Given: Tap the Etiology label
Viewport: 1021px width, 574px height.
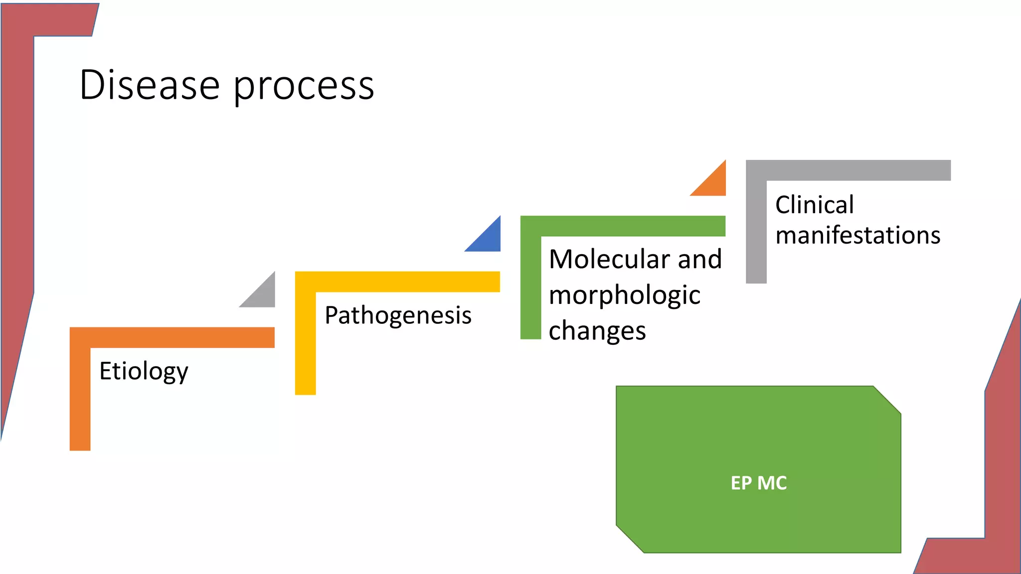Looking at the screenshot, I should point(144,371).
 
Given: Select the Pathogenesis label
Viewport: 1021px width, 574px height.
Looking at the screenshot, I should point(398,315).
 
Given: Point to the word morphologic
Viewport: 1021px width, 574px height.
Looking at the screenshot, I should point(624,295).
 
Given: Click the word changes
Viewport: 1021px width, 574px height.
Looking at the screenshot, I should point(597,331).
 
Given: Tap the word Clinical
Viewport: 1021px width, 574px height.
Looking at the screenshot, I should point(814,205).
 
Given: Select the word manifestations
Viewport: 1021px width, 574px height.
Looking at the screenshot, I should point(857,235).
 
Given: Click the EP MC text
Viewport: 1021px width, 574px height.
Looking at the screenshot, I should point(758,483).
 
